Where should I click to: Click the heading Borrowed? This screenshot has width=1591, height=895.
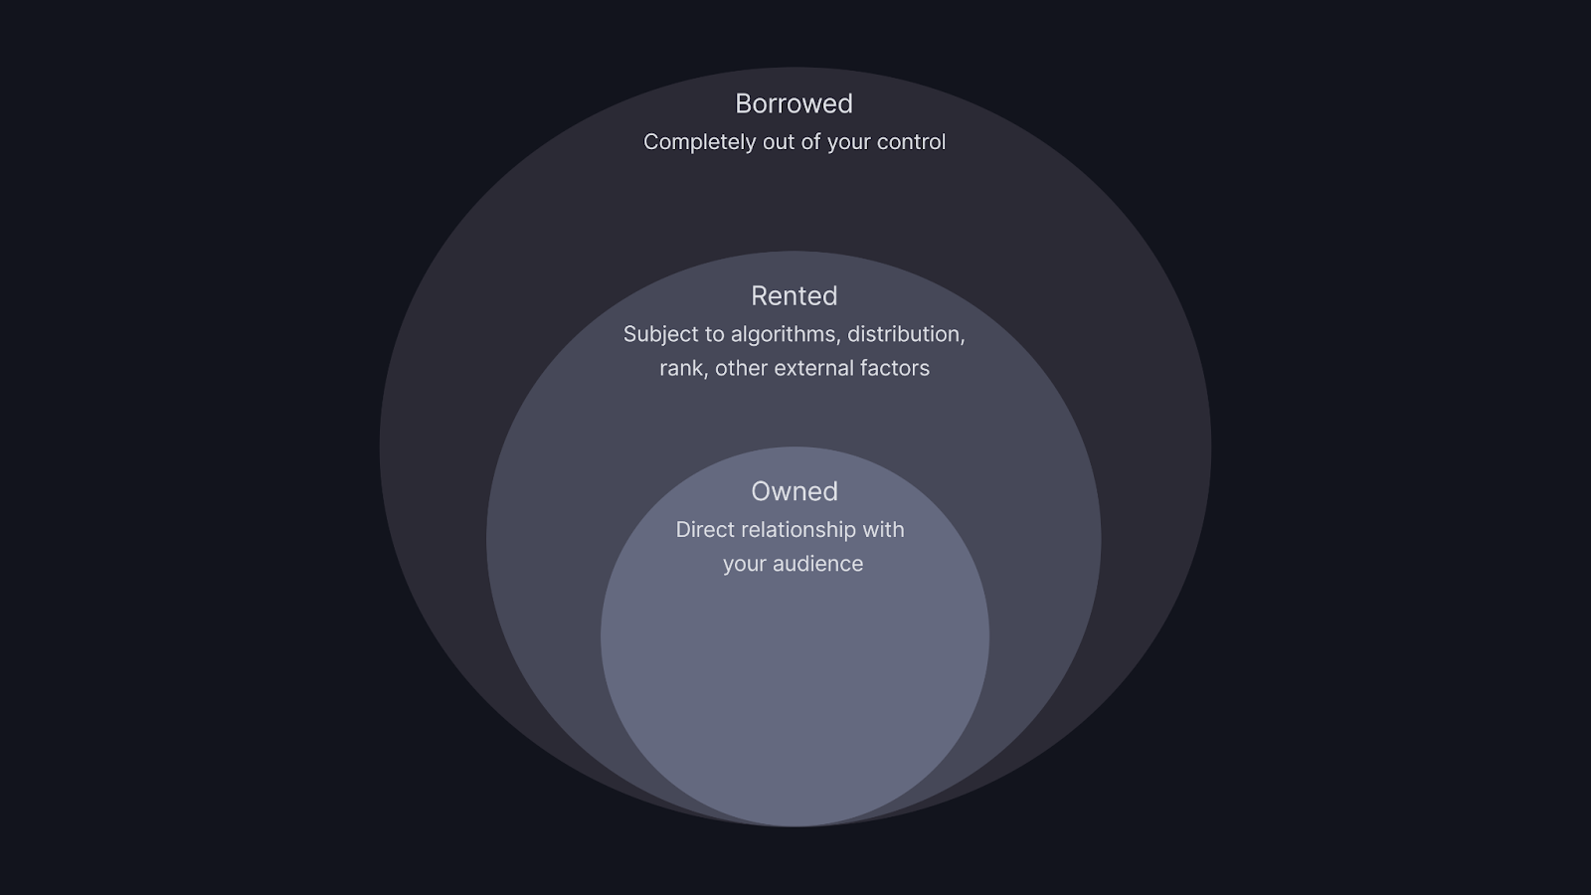(794, 103)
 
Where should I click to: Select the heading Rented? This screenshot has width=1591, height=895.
(794, 295)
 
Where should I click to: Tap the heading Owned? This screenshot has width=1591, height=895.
(794, 491)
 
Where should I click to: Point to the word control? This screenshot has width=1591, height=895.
(911, 142)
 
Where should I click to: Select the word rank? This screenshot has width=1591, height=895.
(682, 368)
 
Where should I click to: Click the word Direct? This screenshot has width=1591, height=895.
(705, 530)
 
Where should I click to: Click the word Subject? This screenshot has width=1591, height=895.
(660, 334)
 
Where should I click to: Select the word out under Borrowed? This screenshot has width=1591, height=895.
(779, 142)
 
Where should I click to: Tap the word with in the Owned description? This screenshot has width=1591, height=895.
(883, 530)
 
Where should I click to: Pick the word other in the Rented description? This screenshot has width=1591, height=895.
(741, 368)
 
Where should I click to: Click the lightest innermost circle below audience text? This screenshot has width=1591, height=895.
(794, 696)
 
